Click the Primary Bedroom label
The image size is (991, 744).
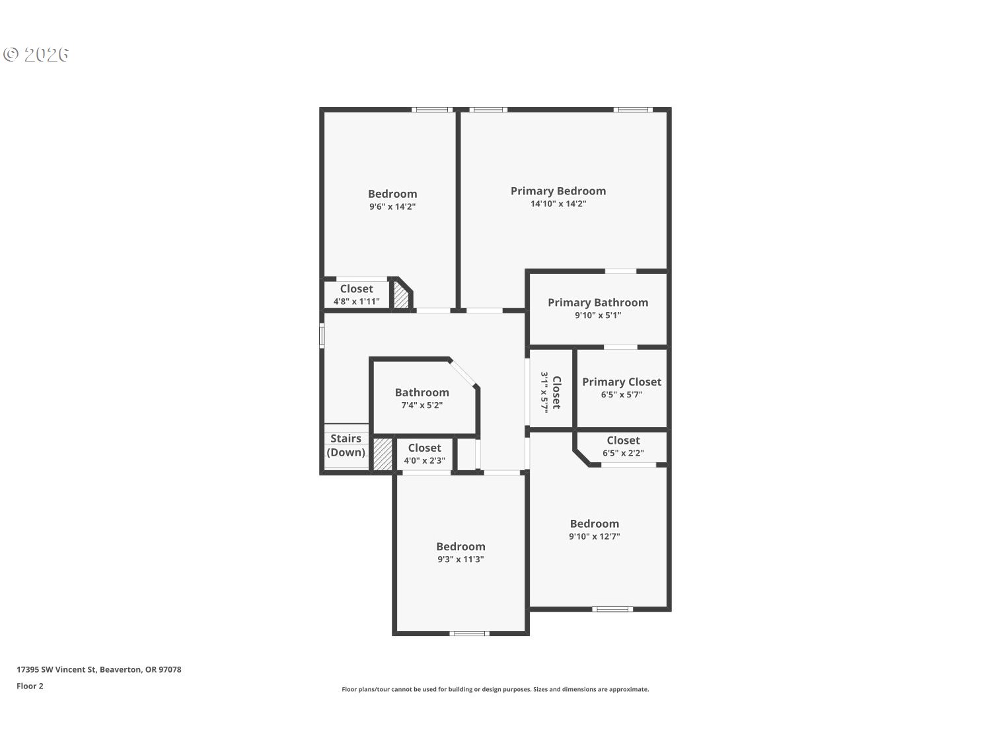pos(558,191)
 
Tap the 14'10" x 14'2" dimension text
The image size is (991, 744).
pos(558,204)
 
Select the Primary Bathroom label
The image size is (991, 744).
pos(597,303)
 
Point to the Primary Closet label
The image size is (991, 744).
pos(621,382)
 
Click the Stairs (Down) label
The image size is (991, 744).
pos(346,446)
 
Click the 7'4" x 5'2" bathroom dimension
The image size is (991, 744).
pos(422,405)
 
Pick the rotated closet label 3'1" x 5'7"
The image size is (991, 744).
pos(551,392)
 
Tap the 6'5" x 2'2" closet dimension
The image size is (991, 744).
pos(622,454)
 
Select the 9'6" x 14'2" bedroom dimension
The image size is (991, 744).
pos(392,206)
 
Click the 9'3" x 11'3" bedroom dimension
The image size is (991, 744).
pos(460,559)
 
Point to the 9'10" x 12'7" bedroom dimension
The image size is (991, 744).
pos(594,537)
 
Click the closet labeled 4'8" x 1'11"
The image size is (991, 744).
pos(356,295)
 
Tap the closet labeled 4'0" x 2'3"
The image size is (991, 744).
pos(424,454)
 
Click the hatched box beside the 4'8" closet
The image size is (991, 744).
pos(401,296)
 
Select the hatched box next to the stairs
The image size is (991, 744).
pos(383,454)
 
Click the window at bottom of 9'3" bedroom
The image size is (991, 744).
pos(469,634)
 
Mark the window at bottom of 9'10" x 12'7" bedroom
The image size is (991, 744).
pos(612,609)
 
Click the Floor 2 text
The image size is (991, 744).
pos(30,686)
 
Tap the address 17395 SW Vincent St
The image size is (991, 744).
pos(98,669)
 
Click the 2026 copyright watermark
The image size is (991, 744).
pos(36,54)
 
